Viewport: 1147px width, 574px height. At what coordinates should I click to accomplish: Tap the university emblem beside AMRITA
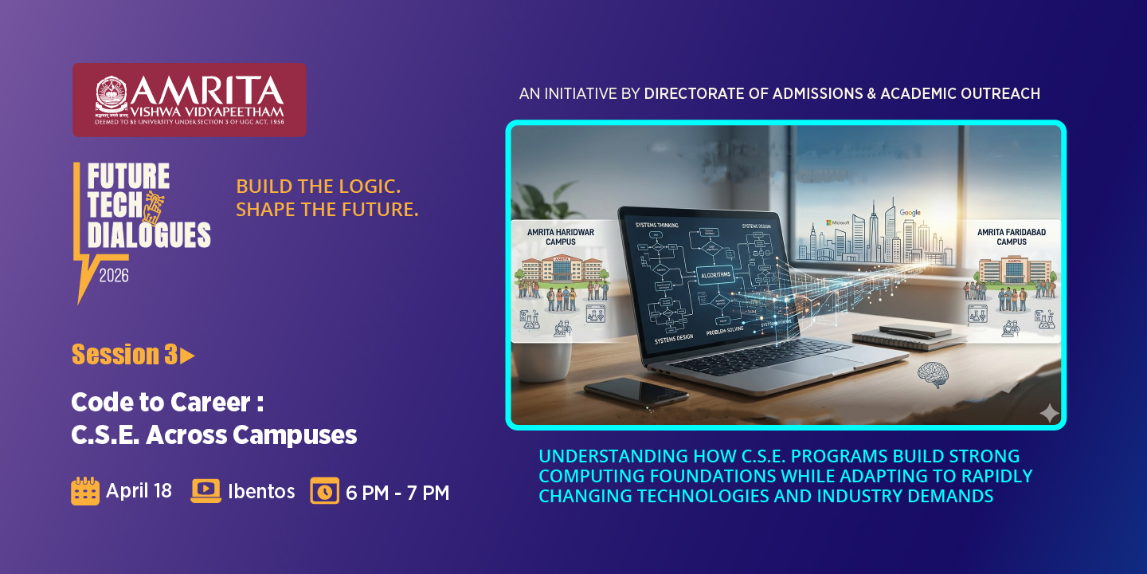(x=112, y=94)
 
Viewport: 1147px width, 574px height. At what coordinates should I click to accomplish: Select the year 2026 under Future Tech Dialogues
(x=114, y=276)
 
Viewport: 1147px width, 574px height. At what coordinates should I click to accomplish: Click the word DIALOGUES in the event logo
(x=149, y=235)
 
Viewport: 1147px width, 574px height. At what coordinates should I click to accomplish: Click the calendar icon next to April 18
(x=85, y=491)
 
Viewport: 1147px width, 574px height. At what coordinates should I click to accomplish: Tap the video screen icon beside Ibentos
(x=206, y=491)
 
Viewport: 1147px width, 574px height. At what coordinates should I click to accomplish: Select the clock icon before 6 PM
(x=324, y=491)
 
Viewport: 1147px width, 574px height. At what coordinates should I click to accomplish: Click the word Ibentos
(x=261, y=492)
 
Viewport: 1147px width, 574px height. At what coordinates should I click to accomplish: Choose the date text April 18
(x=139, y=491)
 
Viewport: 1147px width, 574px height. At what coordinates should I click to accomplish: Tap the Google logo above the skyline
(x=910, y=213)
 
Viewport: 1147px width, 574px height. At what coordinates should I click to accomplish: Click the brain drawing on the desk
(x=931, y=372)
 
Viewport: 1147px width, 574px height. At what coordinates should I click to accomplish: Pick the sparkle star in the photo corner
(x=1049, y=412)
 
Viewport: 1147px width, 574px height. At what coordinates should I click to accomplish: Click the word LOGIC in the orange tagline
(x=369, y=187)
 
